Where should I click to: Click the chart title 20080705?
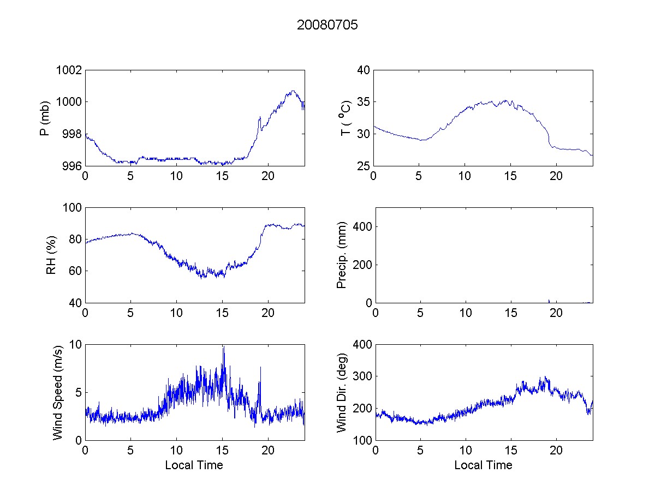pyautogui.click(x=327, y=25)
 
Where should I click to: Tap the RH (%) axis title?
pyautogui.click(x=51, y=255)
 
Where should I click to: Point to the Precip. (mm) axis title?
pyautogui.click(x=342, y=255)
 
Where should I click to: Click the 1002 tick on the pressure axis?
pyautogui.click(x=70, y=70)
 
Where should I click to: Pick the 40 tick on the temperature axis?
pyautogui.click(x=364, y=70)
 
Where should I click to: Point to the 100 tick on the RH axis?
pyautogui.click(x=73, y=208)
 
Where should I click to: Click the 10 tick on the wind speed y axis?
pyautogui.click(x=75, y=345)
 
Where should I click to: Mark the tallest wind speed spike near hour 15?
pyautogui.click(x=223, y=347)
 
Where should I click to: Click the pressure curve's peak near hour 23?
pyautogui.click(x=293, y=91)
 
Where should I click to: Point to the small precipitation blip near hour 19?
pyautogui.click(x=549, y=301)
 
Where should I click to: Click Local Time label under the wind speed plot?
pyautogui.click(x=194, y=465)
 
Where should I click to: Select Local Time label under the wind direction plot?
pyautogui.click(x=483, y=465)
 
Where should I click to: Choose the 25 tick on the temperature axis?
pyautogui.click(x=364, y=166)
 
